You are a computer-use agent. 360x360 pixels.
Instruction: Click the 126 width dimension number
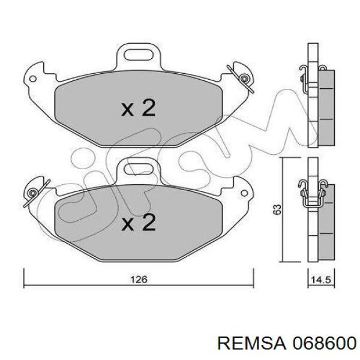coord(139,280)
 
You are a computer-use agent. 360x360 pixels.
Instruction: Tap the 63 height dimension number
coord(277,209)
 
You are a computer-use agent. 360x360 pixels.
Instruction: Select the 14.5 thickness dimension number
coord(321,280)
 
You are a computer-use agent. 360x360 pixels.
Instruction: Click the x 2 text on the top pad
coord(139,107)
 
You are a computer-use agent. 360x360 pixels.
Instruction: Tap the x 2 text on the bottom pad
coord(139,222)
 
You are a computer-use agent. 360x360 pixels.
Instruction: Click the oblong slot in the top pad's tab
coord(139,55)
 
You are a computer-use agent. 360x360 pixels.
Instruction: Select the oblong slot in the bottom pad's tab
coord(139,169)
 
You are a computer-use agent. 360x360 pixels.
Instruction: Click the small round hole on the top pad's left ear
coord(33,79)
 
